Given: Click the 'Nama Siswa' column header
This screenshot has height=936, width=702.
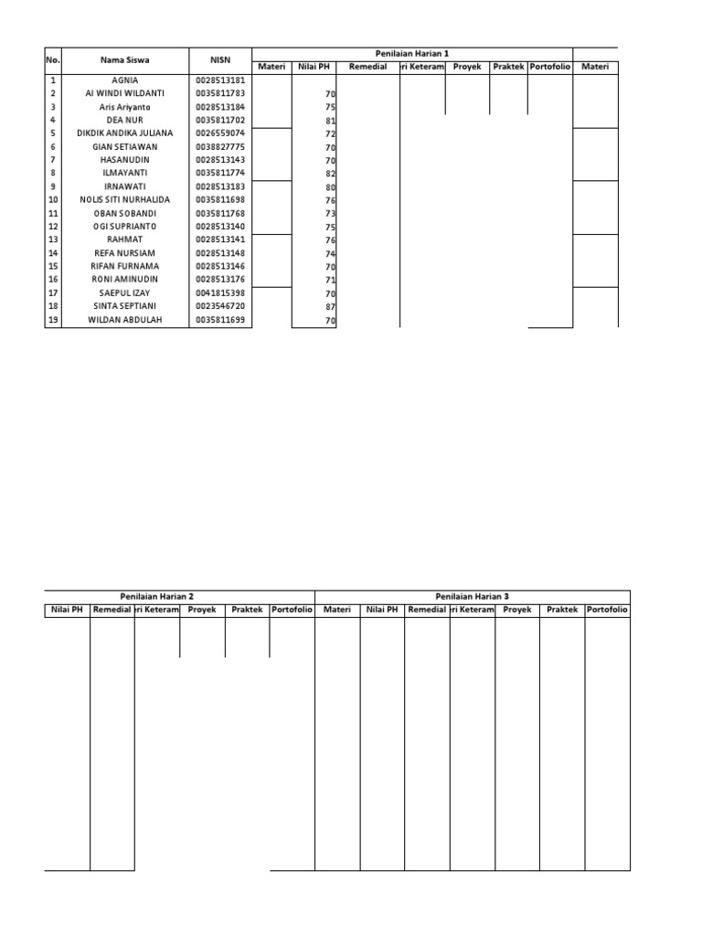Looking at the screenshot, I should [x=125, y=60].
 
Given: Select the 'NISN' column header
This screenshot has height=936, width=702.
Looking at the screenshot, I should [x=220, y=60].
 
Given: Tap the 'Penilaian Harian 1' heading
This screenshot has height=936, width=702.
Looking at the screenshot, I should [x=412, y=54].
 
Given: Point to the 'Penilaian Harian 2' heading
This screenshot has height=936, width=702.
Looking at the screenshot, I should [x=157, y=596].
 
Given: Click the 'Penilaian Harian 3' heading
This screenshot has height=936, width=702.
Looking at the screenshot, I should [x=473, y=596].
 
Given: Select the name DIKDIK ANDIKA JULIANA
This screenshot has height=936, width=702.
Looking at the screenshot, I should [x=125, y=133].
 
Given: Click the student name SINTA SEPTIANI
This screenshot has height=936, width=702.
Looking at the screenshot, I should [x=125, y=306].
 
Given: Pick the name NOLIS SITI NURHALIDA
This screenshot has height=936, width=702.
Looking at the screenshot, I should [x=125, y=199].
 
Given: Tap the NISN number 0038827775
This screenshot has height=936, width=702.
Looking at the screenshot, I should [x=220, y=146].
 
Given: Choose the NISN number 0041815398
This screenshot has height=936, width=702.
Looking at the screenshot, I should [x=220, y=292].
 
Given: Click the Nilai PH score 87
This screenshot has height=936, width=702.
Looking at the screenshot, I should [x=330, y=307].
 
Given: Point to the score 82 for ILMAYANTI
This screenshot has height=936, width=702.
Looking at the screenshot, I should [x=330, y=174].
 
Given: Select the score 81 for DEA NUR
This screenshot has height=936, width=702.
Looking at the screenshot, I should [x=330, y=121].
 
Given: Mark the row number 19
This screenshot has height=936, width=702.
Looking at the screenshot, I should [x=53, y=320].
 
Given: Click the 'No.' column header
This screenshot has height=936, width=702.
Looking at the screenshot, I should [x=52, y=60].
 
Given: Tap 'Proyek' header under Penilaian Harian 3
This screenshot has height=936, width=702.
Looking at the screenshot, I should [x=517, y=610].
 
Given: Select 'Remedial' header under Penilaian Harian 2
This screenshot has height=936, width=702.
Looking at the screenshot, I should [x=112, y=610].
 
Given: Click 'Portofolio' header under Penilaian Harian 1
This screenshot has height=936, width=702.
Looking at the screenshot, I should [x=549, y=67].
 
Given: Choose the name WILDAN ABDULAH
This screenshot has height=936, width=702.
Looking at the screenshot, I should [x=125, y=320].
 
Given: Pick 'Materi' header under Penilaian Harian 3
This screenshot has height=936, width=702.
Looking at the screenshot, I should [x=337, y=610].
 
